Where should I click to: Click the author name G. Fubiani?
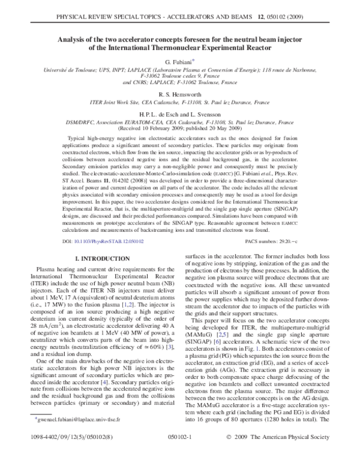tap(179, 62)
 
